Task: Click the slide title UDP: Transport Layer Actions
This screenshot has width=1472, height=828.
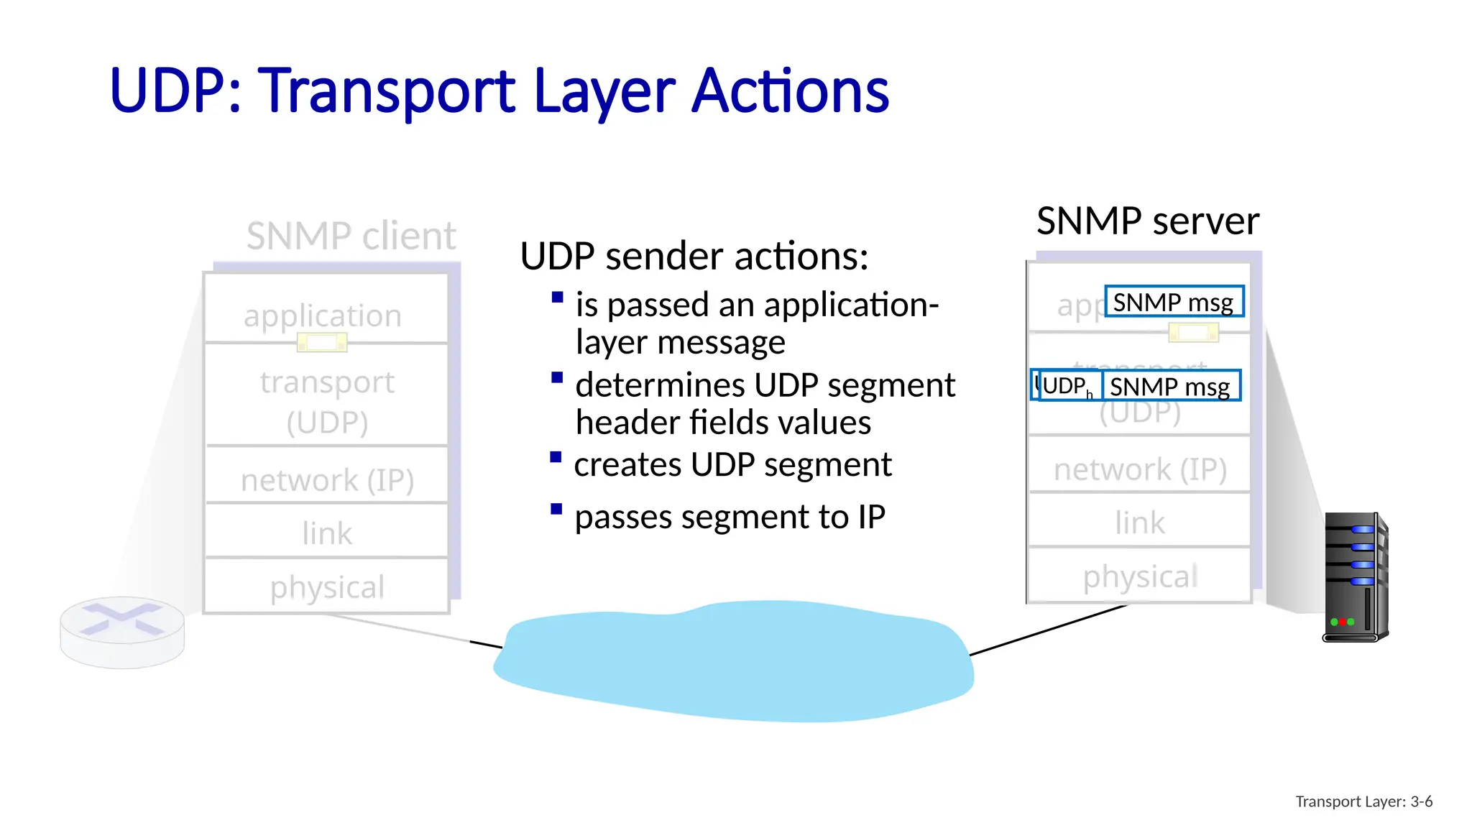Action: tap(499, 91)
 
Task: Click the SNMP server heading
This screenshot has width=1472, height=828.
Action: tap(1147, 221)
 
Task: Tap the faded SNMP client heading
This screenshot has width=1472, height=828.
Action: tap(351, 236)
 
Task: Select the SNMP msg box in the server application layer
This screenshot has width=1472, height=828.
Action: tap(1174, 302)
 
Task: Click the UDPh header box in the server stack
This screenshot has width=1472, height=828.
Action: tap(1066, 386)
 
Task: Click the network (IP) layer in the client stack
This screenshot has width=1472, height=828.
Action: tap(327, 479)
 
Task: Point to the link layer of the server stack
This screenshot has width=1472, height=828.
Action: tap(1139, 522)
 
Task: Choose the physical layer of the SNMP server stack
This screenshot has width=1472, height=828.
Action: tap(1139, 576)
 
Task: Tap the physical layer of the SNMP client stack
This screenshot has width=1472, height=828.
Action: tap(327, 586)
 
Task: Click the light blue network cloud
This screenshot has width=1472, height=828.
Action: tap(733, 661)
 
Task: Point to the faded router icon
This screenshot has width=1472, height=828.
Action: tap(122, 631)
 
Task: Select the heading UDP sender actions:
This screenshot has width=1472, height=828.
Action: tap(694, 257)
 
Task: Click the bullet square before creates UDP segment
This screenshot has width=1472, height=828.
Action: tap(556, 457)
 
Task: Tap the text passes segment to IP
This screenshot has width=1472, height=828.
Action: tap(730, 517)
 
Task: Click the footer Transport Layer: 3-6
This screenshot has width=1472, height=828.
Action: tap(1363, 801)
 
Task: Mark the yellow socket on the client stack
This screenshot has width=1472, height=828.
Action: tap(322, 343)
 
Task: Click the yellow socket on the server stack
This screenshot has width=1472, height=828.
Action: tap(1193, 332)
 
